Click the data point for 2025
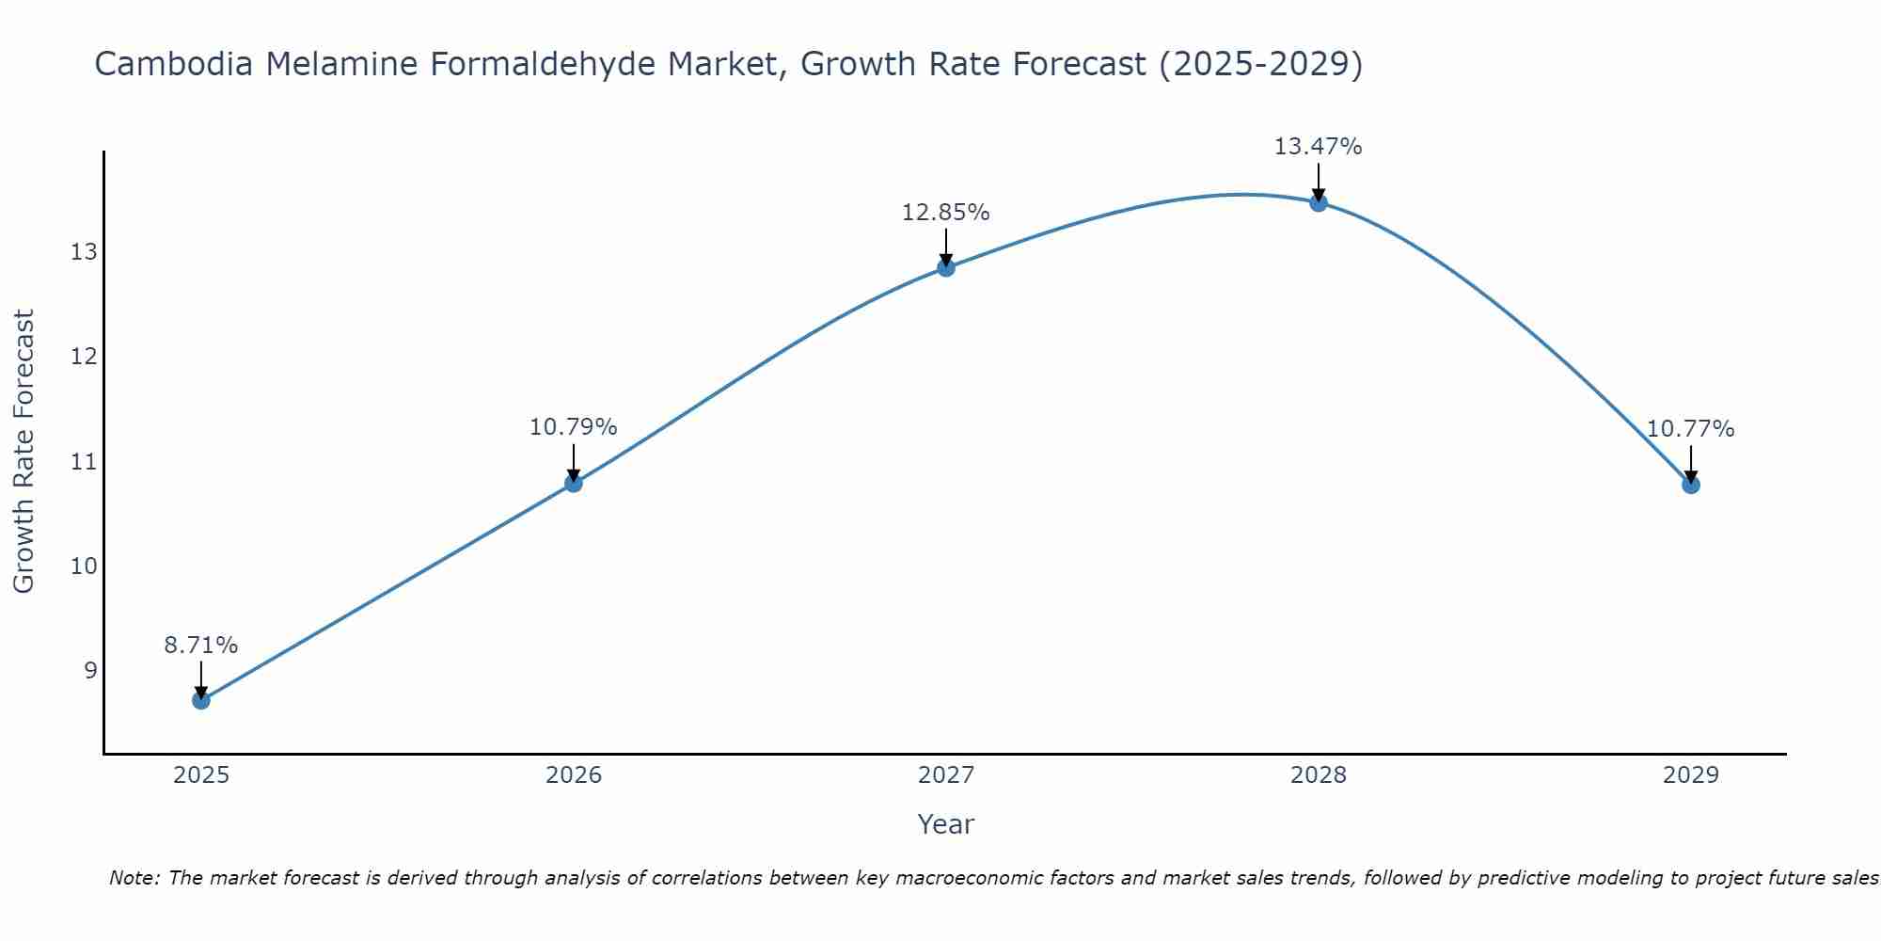click(x=200, y=700)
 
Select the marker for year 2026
click(x=573, y=483)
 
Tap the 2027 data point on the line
click(x=945, y=267)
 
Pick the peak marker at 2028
click(x=1318, y=202)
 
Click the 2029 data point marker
click(x=1690, y=485)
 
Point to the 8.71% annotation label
click(x=200, y=646)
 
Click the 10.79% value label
click(x=573, y=427)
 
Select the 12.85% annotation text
click(x=945, y=213)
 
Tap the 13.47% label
click(x=1318, y=147)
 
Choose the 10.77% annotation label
click(x=1690, y=429)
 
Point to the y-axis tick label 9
click(x=89, y=670)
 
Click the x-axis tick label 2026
click(x=574, y=775)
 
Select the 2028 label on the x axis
click(x=1318, y=775)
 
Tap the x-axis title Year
click(x=945, y=824)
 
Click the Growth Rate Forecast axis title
click(x=24, y=451)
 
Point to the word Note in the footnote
click(x=134, y=878)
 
